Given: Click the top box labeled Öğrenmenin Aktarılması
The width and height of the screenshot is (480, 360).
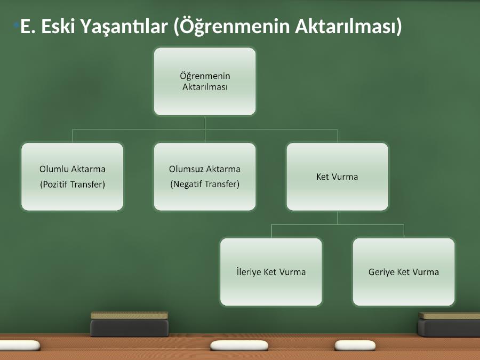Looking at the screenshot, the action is [x=205, y=82].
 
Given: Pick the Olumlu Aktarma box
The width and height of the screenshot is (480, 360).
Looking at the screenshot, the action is [x=72, y=177].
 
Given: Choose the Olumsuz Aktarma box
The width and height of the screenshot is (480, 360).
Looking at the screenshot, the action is [x=205, y=177].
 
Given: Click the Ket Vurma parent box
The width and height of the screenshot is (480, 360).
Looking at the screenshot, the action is [x=338, y=177].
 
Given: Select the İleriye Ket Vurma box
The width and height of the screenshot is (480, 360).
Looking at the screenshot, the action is [x=271, y=272].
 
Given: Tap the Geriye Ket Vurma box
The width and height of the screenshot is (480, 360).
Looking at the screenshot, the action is [x=404, y=272].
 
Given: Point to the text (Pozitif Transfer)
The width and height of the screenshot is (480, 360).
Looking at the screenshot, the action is [x=73, y=185].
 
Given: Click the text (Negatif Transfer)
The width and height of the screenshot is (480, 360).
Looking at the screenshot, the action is [x=205, y=185].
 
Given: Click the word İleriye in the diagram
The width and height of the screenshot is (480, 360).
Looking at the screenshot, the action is [x=248, y=272].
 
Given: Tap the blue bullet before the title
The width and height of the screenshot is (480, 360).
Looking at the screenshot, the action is [x=16, y=25].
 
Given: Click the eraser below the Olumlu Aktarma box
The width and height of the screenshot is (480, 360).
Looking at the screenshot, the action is [x=129, y=324].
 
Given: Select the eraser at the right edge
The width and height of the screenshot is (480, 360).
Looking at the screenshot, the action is [x=449, y=324].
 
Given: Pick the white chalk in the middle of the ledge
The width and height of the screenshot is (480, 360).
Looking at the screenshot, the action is [x=239, y=345].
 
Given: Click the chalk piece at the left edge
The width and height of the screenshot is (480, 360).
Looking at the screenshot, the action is [x=20, y=345].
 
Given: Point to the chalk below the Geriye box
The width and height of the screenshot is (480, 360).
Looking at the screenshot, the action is [x=355, y=345].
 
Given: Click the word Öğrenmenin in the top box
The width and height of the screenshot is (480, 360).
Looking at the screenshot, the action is [x=205, y=76].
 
